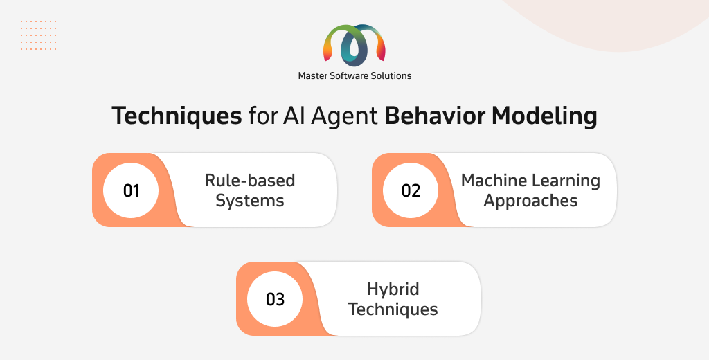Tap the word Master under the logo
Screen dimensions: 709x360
[312, 76]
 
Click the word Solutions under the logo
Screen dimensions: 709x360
[391, 76]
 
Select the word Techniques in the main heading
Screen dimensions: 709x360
[177, 116]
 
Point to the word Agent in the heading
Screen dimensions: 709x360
[344, 116]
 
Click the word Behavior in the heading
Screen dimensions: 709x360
[435, 116]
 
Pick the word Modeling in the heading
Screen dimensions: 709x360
[544, 116]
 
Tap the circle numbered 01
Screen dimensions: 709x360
[131, 190]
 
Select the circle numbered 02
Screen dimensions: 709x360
[411, 190]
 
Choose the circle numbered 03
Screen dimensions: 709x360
[275, 299]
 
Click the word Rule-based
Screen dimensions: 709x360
[249, 181]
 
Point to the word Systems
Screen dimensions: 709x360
[249, 201]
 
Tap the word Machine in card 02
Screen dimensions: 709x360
[494, 181]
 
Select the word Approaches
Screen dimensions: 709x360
[530, 201]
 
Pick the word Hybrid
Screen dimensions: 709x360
[393, 289]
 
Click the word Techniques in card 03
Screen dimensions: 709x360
[393, 309]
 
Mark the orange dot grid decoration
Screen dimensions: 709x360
[39, 35]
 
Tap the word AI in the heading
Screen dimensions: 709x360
[294, 116]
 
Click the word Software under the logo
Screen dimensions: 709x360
[349, 76]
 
